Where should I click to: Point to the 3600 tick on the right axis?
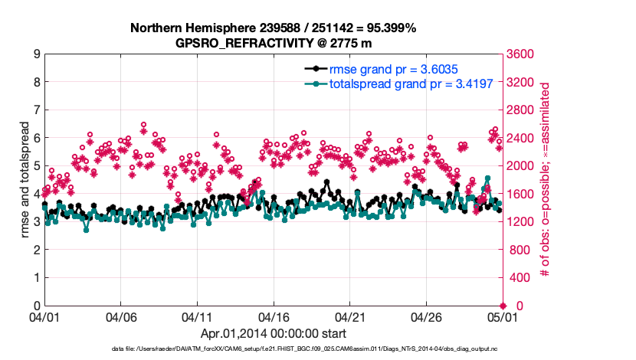523,54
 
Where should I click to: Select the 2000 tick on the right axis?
523,166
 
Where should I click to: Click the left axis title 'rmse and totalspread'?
25,180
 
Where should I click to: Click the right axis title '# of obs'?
546,180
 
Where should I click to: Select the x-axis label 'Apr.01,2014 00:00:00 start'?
274,334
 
